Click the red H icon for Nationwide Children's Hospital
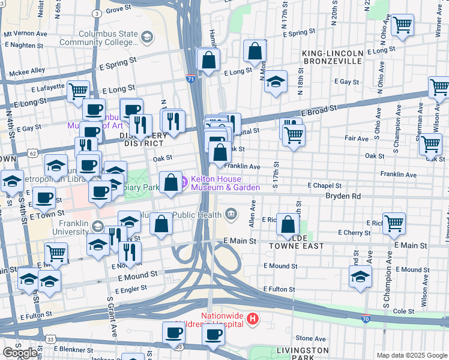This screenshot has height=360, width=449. [253, 319]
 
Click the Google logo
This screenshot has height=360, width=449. [20, 353]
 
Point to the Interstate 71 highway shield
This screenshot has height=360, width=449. [190, 79]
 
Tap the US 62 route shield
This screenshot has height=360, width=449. [31, 153]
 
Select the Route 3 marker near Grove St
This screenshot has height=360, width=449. [97, 13]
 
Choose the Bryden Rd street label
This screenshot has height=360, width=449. [343, 196]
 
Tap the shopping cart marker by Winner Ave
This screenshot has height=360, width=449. [402, 25]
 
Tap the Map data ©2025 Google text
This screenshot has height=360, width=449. [411, 355]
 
